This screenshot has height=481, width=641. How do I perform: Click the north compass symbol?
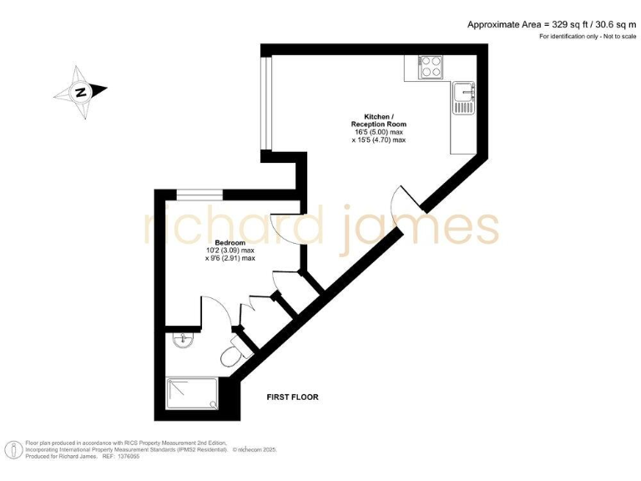click(x=80, y=92)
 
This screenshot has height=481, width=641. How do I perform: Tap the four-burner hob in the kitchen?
click(x=432, y=66)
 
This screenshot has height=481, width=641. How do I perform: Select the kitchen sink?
click(x=462, y=99)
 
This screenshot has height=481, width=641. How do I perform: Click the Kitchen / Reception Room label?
click(x=378, y=120)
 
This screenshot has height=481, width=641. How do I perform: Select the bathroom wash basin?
click(x=182, y=339)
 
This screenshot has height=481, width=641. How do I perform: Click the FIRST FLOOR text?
click(x=292, y=397)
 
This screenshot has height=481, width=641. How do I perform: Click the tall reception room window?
click(x=265, y=104)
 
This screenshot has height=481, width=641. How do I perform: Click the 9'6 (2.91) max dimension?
click(x=233, y=259)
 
